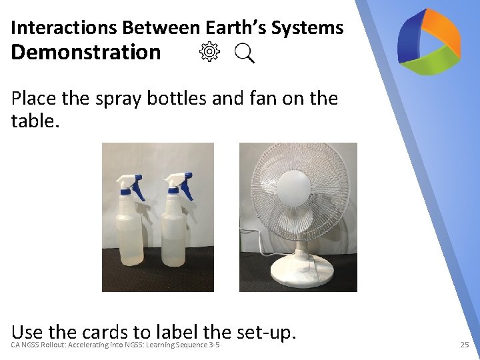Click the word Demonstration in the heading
(86, 52)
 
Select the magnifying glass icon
(245, 53)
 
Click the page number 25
(465, 345)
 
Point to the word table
(33, 121)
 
